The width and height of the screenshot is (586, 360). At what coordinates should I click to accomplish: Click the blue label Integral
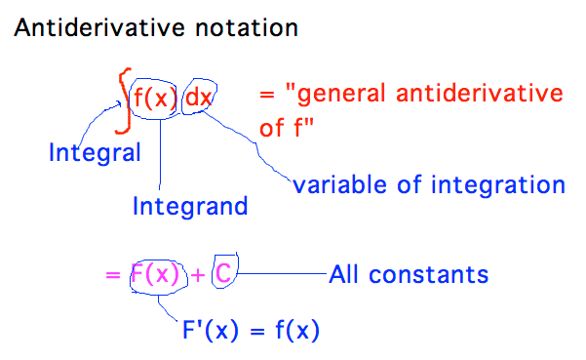[94, 152]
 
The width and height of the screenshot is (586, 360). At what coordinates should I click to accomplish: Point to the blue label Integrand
[190, 206]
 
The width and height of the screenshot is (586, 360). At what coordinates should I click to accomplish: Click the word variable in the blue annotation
[332, 184]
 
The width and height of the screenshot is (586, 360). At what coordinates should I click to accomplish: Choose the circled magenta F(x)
[155, 275]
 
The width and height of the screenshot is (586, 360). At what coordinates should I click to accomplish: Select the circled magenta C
[222, 274]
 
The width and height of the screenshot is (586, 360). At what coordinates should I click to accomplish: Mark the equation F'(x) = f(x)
[248, 331]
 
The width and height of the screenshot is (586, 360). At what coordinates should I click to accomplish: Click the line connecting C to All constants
[283, 274]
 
